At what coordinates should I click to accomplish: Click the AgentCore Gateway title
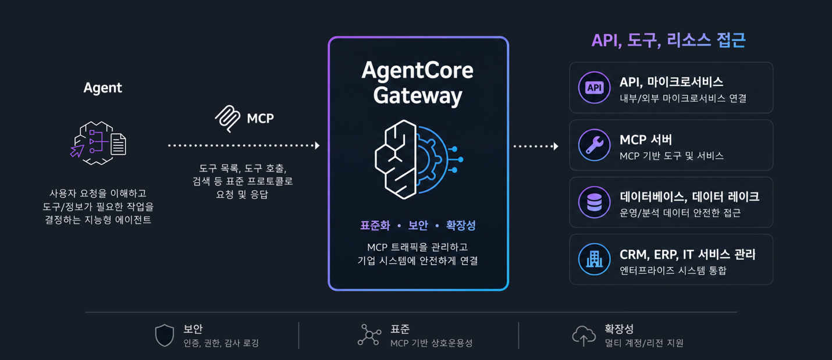pos(418,83)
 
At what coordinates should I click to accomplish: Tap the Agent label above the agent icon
pos(102,88)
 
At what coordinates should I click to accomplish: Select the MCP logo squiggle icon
pos(227,119)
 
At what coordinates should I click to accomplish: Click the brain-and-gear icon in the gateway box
pos(418,159)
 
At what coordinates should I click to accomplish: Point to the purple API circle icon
pos(594,88)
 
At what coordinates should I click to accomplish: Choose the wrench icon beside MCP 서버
pos(594,145)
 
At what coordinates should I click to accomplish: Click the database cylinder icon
pos(594,202)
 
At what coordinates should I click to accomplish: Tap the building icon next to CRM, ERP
pos(594,259)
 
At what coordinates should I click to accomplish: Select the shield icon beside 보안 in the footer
pos(165,336)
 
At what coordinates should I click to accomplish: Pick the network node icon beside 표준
pos(369,335)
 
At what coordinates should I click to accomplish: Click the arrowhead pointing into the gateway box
pos(317,145)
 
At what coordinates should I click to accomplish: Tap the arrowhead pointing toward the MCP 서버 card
pos(556,146)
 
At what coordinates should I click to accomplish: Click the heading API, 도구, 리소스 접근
pos(669,40)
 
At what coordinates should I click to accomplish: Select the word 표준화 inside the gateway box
pos(375,225)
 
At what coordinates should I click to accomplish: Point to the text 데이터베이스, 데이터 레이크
pos(689,197)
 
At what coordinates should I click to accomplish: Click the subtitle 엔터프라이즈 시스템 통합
pos(673,270)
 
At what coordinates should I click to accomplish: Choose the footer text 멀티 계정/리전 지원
pos(644,343)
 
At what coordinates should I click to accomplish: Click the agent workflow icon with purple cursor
pos(98,143)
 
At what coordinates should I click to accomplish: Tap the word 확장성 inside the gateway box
pos(461,225)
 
